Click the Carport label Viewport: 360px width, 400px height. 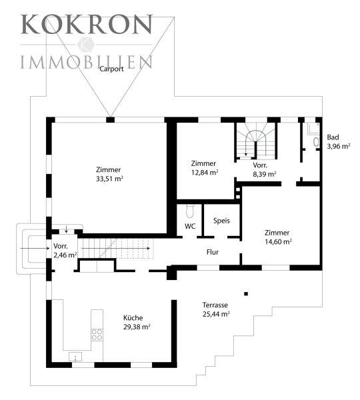click(x=111, y=69)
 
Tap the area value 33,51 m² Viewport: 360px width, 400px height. click(x=109, y=179)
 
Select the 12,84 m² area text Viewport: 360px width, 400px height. click(x=205, y=173)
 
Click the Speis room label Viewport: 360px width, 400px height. click(x=221, y=221)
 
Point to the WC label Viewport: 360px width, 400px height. click(x=190, y=226)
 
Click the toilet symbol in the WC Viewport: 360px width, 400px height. click(x=190, y=211)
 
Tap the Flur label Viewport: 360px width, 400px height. click(x=213, y=252)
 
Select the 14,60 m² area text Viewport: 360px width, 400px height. click(x=278, y=241)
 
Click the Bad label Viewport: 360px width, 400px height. click(x=333, y=137)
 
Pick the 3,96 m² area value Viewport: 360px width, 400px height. click(x=338, y=147)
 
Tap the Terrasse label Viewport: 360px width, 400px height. click(x=215, y=305)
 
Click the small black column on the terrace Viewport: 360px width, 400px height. click(x=246, y=293)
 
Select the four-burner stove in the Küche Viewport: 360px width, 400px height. click(x=97, y=335)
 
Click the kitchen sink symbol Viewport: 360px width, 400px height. click(x=75, y=357)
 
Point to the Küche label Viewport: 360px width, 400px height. click(x=133, y=318)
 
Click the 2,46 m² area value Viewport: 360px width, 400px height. click(x=65, y=255)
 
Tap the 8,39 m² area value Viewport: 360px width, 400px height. click(x=265, y=174)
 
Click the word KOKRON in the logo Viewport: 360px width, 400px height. click(x=87, y=24)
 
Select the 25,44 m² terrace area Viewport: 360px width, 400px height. click(x=216, y=314)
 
